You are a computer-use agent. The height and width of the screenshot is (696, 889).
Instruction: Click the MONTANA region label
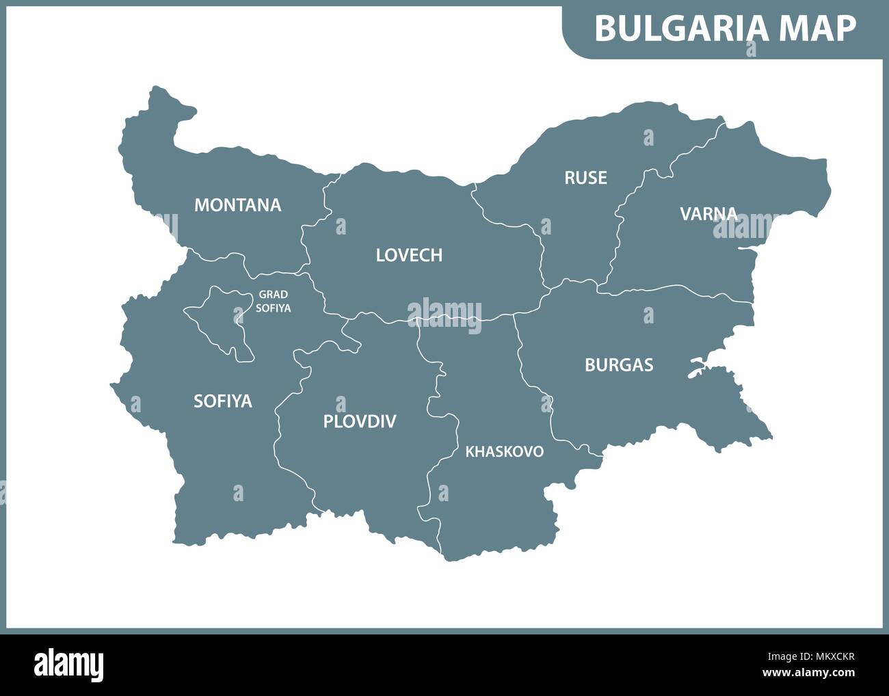(237, 205)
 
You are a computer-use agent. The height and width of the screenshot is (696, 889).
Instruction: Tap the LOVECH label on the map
(409, 256)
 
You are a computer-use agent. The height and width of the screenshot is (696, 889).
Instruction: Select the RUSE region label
(585, 178)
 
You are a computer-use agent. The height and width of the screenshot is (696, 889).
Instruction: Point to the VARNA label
(708, 214)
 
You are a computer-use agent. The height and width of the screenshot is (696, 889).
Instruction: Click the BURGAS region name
(619, 365)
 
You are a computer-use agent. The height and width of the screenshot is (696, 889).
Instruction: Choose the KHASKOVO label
(504, 452)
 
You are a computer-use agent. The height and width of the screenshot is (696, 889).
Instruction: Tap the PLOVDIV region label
(360, 421)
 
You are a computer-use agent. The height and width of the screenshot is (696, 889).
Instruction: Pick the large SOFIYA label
(223, 401)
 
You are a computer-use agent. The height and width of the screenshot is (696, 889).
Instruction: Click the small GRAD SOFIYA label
(273, 302)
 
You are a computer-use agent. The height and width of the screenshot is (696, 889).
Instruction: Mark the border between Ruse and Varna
(619, 219)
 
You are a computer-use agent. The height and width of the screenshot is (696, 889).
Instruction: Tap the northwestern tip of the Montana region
(159, 90)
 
